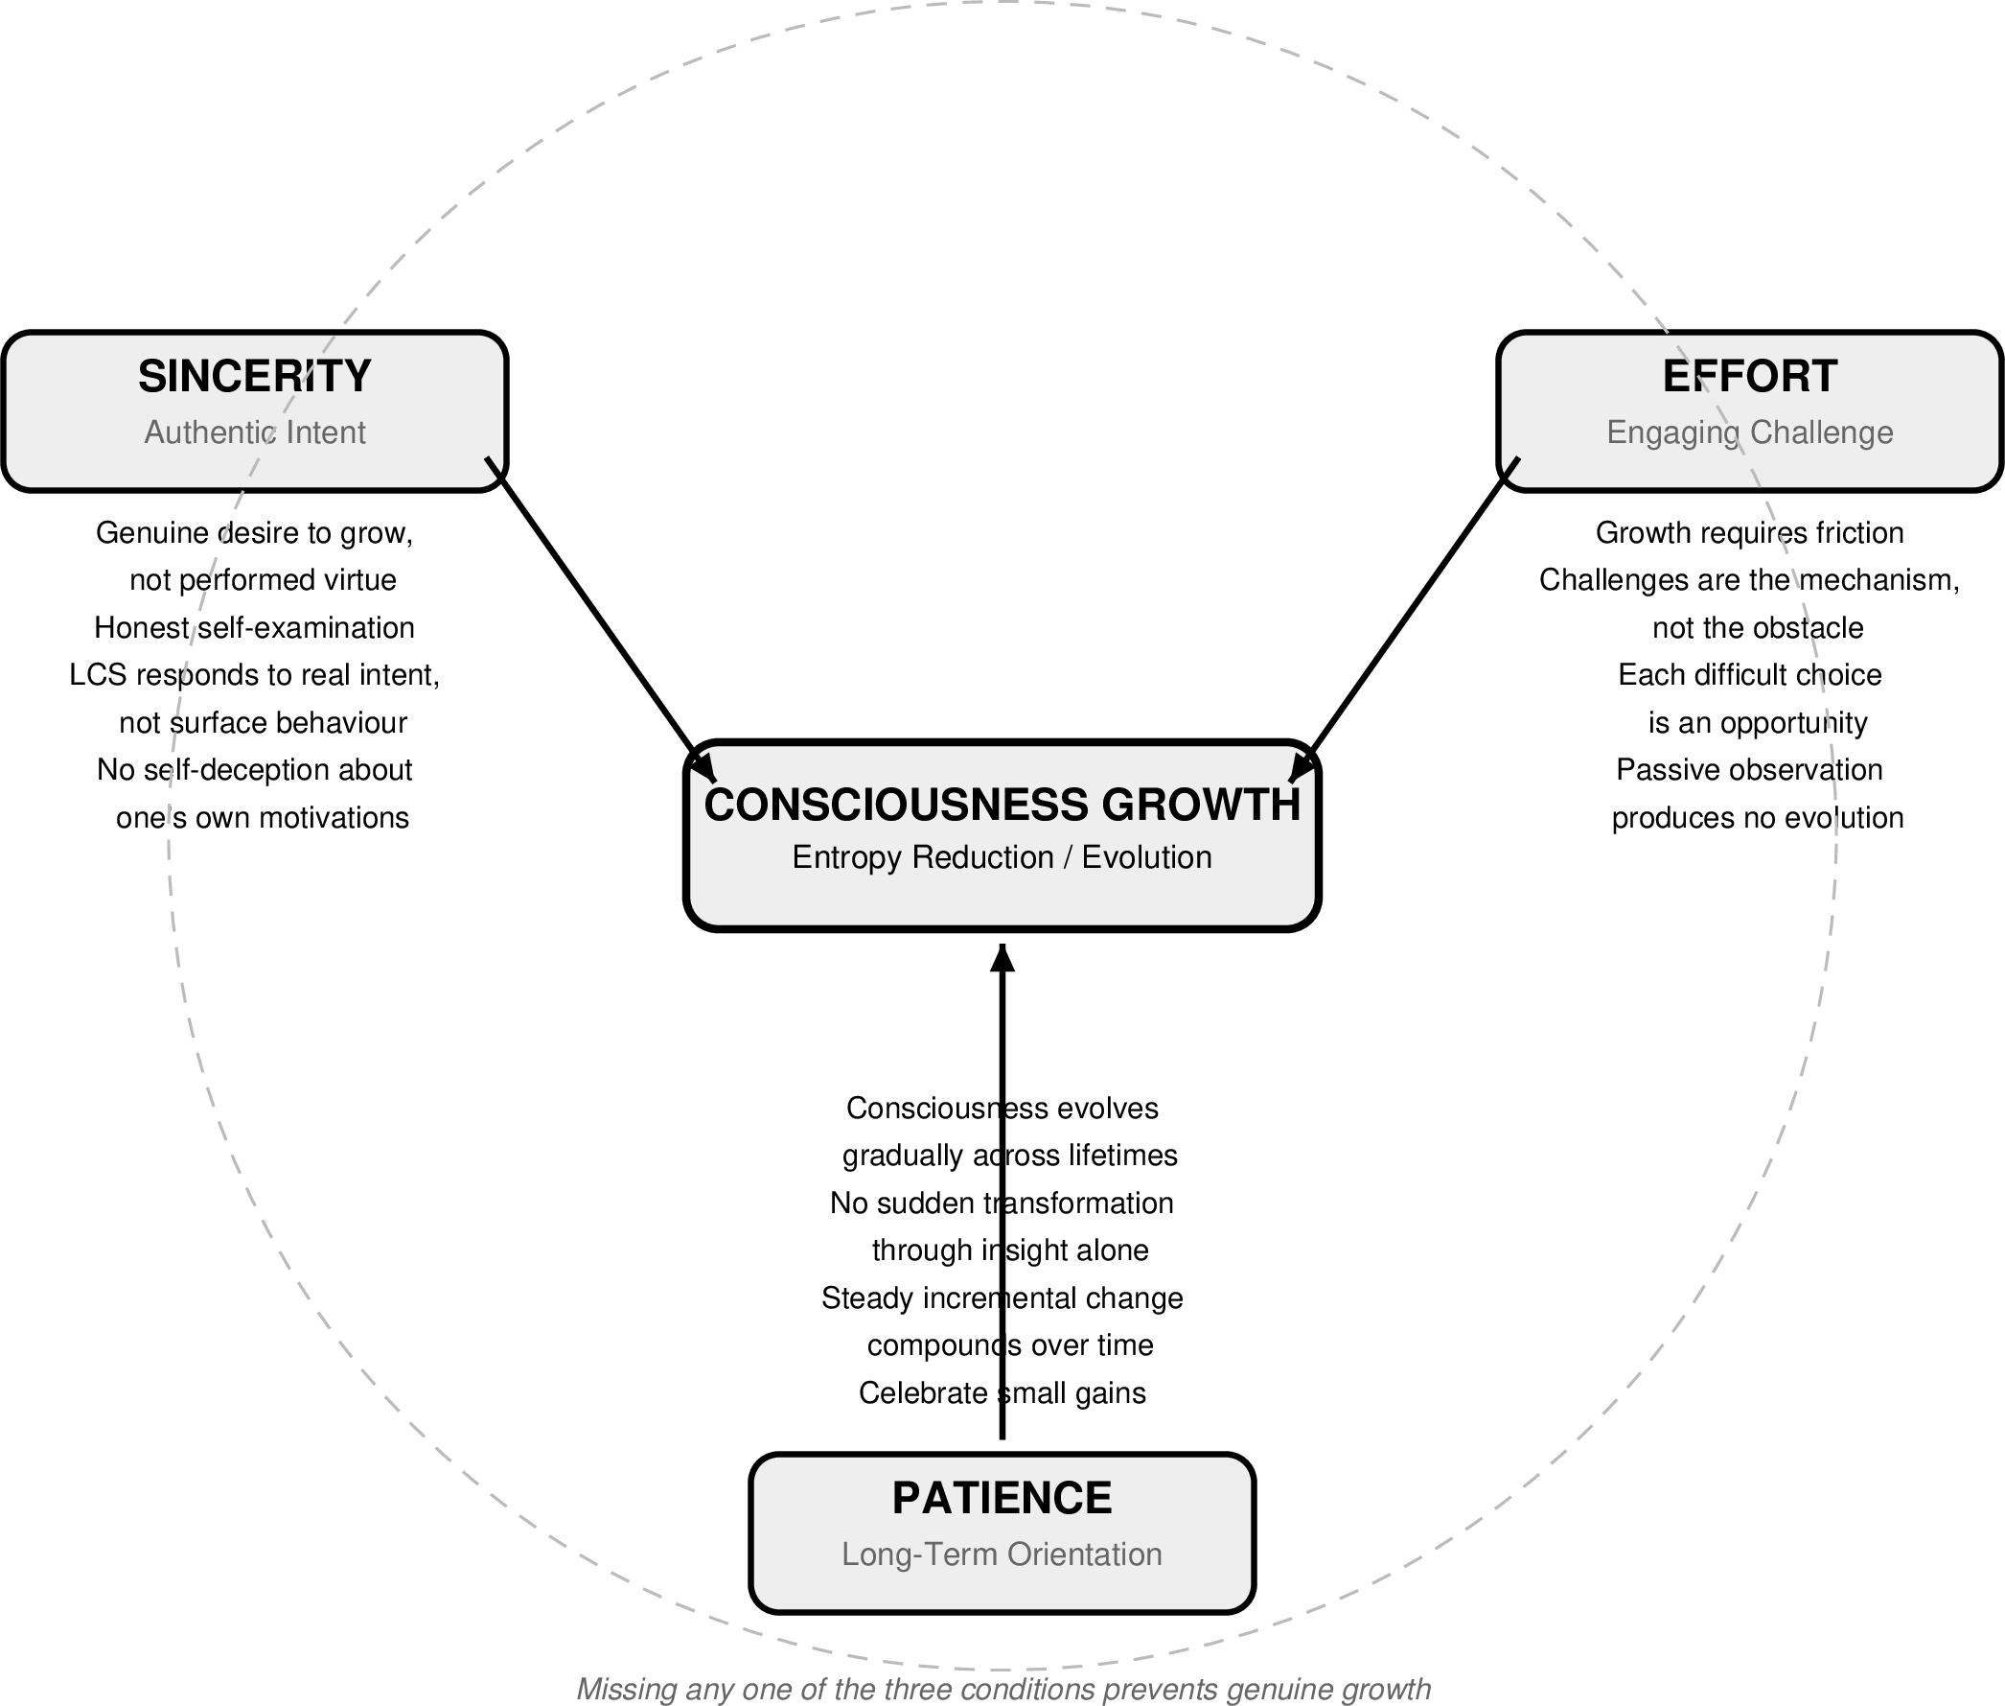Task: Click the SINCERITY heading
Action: coord(254,376)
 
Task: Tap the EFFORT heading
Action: coord(1749,376)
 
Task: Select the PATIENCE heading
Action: coord(1002,1498)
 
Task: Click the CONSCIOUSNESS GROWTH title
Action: coord(1002,805)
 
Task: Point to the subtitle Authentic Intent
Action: coord(254,432)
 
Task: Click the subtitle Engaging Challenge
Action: coord(1749,432)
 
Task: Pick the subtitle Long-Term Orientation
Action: coord(1002,1554)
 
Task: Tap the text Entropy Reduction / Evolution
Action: coord(1002,858)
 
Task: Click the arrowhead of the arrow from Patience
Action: coord(1002,957)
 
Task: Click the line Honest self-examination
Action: coord(254,628)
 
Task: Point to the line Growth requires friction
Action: coord(1749,533)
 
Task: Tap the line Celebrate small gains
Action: coord(1002,1392)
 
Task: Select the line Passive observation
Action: coord(1749,770)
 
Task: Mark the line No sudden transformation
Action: coord(1002,1204)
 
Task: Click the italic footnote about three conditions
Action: coord(1002,1689)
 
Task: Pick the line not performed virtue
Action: coord(262,580)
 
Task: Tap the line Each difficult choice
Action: coord(1749,675)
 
